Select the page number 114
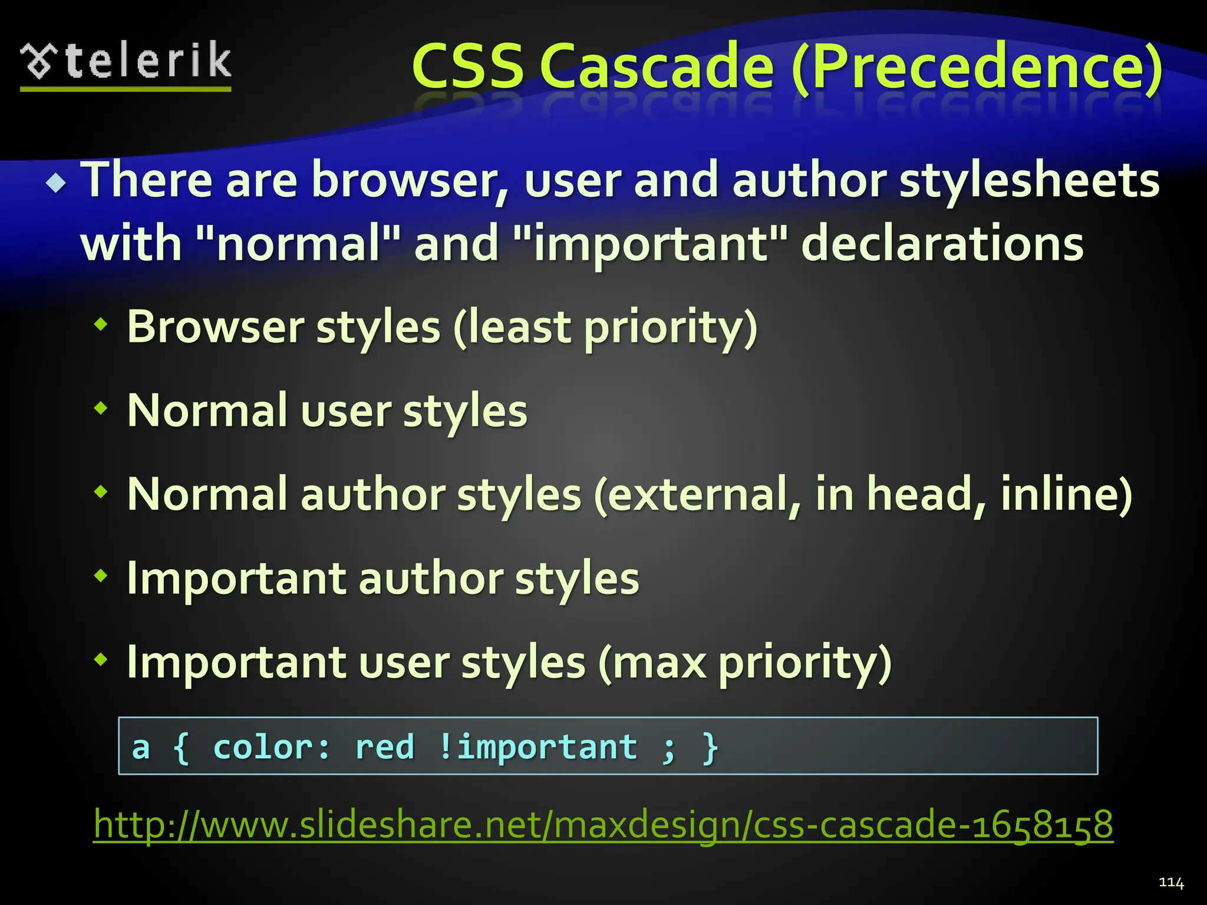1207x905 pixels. click(x=1170, y=882)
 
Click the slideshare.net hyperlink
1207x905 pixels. click(x=603, y=824)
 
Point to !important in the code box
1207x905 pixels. click(x=537, y=747)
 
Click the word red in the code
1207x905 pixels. click(x=385, y=747)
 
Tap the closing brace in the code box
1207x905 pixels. click(x=711, y=747)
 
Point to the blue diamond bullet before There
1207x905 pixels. click(x=57, y=184)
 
